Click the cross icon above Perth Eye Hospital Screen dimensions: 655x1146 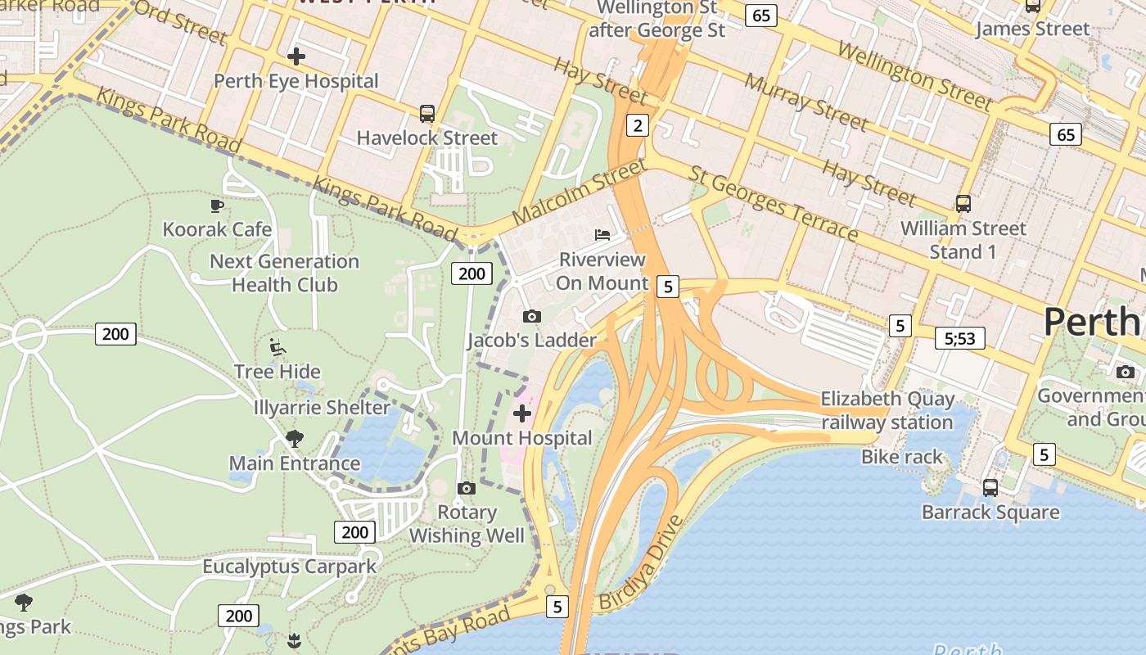tap(296, 56)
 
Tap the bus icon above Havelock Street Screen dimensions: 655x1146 tap(426, 114)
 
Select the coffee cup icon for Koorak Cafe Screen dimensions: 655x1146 tap(217, 206)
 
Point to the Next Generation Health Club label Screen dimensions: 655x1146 tap(284, 273)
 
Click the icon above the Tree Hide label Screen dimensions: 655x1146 tap(277, 347)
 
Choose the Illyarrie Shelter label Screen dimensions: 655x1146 tap(322, 407)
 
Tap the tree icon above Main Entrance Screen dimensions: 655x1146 tap(295, 439)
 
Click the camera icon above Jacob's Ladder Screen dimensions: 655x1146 tap(531, 316)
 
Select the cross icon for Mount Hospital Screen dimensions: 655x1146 tap(521, 413)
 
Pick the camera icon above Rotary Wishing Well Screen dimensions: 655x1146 tap(467, 489)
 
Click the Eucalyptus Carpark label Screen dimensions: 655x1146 tap(290, 567)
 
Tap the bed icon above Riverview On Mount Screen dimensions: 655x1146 tap(602, 235)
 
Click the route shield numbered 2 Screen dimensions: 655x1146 tap(637, 125)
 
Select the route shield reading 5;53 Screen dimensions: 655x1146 tap(959, 338)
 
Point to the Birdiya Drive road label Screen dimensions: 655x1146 tap(641, 563)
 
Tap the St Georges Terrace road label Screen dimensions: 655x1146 tap(774, 205)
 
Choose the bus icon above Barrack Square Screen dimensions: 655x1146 tap(990, 488)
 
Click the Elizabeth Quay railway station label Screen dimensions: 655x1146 tap(887, 411)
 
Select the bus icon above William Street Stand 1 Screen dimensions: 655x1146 tap(963, 204)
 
